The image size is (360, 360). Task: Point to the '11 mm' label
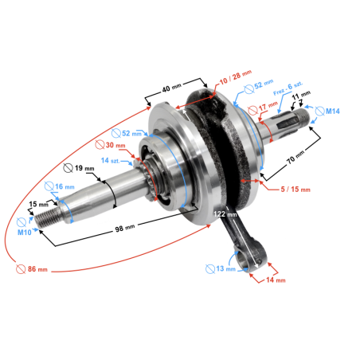[302, 97]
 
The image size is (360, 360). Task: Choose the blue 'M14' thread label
[333, 112]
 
